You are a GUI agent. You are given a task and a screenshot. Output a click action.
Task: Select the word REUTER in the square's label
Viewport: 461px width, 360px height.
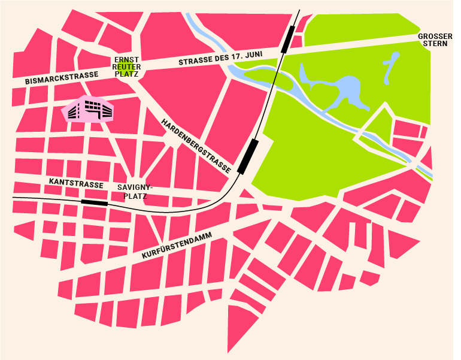(126, 66)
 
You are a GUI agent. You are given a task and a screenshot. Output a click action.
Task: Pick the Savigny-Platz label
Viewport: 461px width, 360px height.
(135, 191)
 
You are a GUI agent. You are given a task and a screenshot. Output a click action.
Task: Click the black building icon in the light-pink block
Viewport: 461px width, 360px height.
(89, 110)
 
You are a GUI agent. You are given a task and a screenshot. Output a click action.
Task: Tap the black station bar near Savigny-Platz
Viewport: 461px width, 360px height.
(94, 202)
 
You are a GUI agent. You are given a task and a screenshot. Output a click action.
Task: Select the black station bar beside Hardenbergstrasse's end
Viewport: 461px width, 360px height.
(248, 156)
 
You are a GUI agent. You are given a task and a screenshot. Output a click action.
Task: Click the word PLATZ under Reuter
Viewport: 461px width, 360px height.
(128, 74)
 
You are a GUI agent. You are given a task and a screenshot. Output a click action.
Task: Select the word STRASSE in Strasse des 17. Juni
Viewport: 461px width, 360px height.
(196, 62)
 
